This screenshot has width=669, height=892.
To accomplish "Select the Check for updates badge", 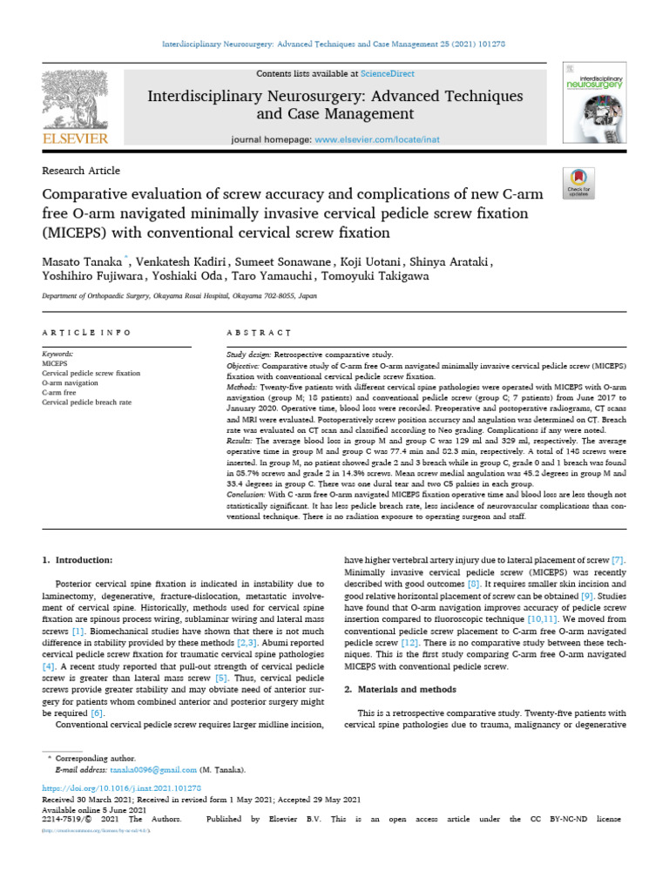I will point(578,181).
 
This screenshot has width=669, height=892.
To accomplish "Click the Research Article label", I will point(81,171).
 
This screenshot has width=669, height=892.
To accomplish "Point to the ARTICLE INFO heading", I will point(87,332).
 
